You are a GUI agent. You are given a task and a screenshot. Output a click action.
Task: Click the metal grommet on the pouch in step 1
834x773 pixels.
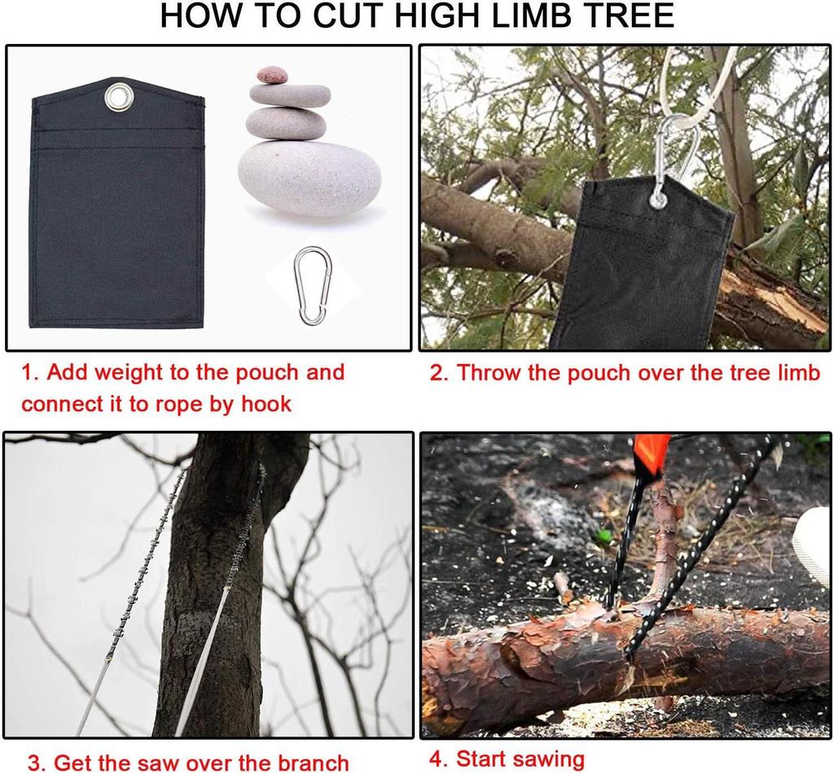click(x=119, y=98)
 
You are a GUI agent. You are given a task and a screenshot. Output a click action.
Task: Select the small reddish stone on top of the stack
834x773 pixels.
click(x=272, y=75)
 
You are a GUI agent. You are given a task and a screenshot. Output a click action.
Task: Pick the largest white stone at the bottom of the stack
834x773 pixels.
click(x=309, y=178)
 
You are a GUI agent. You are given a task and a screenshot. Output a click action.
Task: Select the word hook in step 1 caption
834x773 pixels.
click(x=266, y=404)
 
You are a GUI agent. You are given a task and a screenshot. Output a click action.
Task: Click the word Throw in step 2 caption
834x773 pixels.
click(x=489, y=372)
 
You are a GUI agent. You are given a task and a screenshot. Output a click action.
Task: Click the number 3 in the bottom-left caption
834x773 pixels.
click(x=34, y=763)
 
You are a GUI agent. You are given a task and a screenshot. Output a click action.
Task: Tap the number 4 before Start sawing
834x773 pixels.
click(x=437, y=759)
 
